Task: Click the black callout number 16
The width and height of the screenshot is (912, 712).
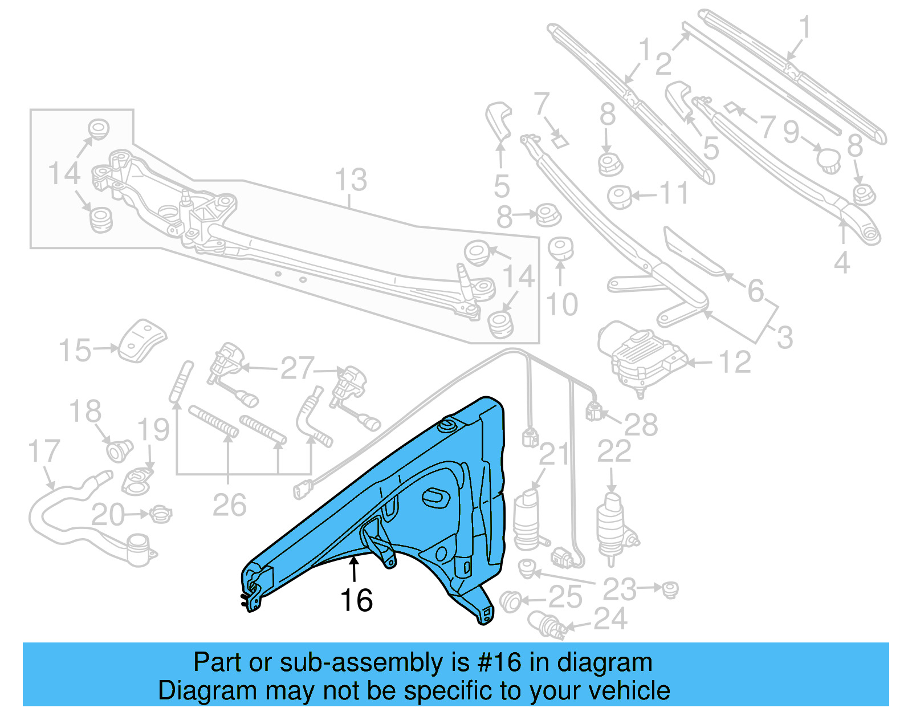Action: (x=356, y=600)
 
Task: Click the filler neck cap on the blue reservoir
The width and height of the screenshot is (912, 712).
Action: (x=446, y=425)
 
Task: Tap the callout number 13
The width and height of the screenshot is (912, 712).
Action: (x=351, y=180)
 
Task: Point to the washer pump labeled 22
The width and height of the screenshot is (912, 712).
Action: (x=614, y=527)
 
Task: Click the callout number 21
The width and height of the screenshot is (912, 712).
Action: (x=554, y=454)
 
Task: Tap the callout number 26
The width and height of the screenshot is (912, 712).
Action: (x=229, y=505)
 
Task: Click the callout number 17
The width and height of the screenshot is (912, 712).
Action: (x=44, y=451)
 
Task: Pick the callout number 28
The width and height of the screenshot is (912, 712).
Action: (x=641, y=425)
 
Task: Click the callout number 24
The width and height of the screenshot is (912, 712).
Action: (x=610, y=619)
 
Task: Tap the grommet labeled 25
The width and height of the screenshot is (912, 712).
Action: (x=510, y=601)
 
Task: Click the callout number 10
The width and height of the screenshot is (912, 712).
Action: (x=561, y=304)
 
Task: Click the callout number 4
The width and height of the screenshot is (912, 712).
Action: (x=842, y=263)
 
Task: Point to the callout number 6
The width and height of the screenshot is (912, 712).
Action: (x=755, y=291)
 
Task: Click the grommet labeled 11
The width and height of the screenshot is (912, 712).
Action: (x=620, y=197)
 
